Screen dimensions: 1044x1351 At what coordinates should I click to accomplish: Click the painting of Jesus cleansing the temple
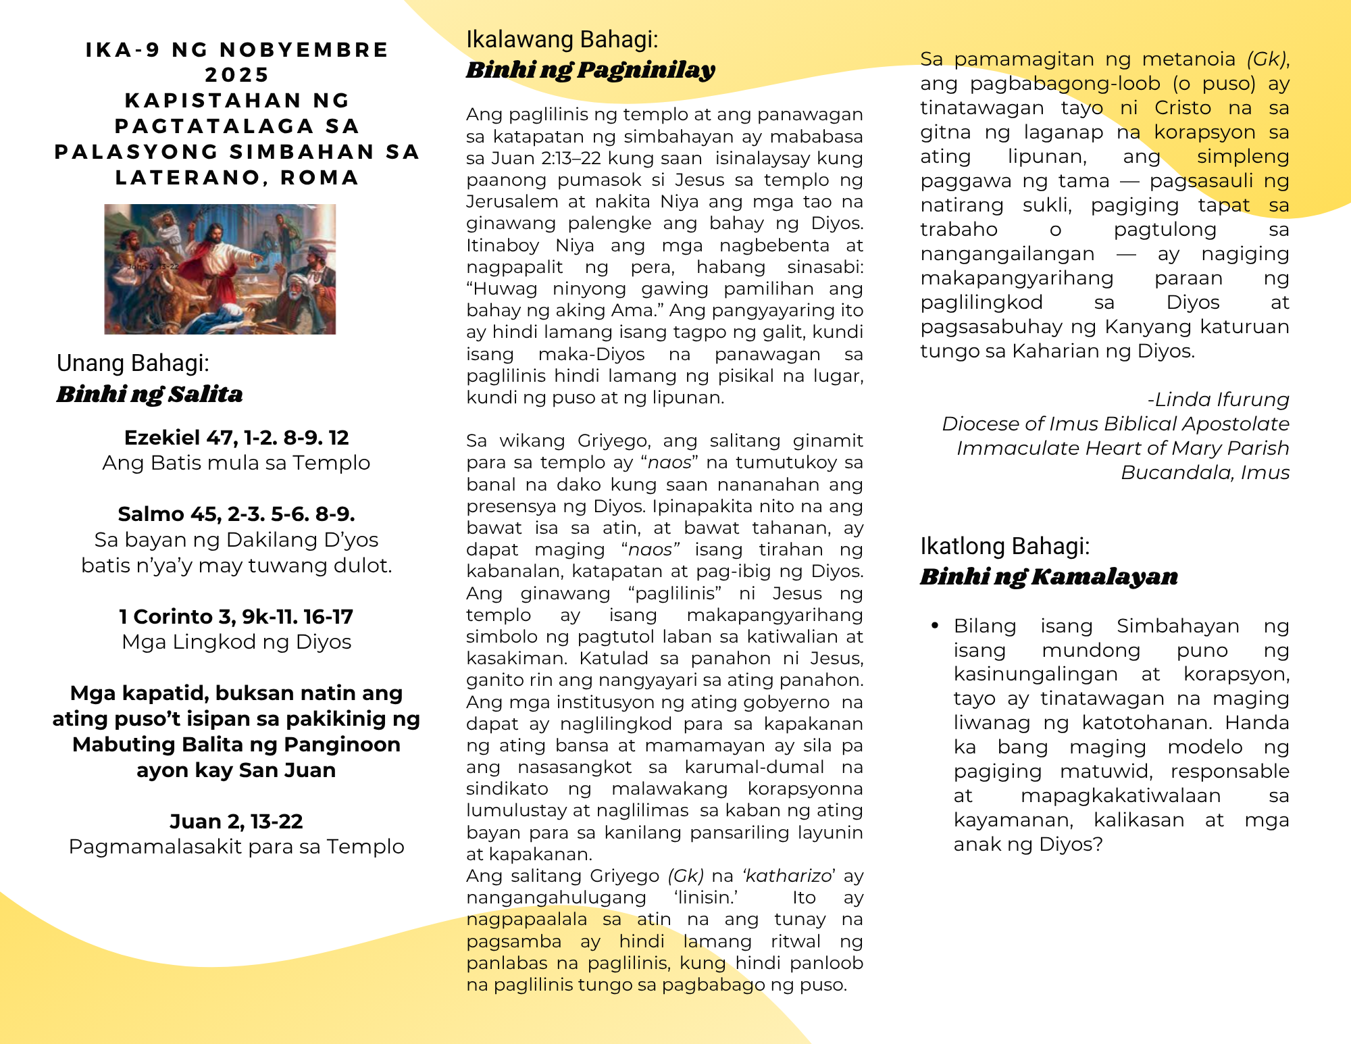coord(220,269)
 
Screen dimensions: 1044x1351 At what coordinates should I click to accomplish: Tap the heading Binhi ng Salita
coord(149,394)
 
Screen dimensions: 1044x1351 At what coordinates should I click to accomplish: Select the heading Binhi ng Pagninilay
coord(590,70)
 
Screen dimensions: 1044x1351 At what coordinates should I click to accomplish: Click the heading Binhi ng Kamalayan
coord(1048,576)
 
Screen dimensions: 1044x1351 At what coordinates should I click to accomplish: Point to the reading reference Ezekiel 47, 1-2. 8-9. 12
coord(236,438)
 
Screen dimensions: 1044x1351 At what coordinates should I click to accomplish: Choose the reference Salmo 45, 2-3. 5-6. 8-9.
coord(236,514)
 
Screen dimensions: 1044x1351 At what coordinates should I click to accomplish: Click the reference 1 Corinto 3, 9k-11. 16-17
coord(236,617)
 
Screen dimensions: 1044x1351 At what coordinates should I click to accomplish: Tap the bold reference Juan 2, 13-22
coord(236,822)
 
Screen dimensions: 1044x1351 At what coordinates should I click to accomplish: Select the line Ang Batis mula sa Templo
coord(236,463)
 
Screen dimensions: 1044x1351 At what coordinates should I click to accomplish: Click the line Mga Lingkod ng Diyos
coord(236,642)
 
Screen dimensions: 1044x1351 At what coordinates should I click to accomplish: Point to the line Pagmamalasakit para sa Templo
coord(236,847)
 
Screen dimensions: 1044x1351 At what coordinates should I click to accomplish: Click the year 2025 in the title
coord(236,75)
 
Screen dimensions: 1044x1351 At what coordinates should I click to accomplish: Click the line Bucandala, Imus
coord(1205,472)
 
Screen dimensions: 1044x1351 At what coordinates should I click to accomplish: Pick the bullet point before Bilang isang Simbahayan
coord(935,626)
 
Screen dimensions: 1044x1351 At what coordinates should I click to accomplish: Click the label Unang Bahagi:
coord(133,364)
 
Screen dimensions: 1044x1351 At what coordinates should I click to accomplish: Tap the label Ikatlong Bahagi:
coord(1004,546)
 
